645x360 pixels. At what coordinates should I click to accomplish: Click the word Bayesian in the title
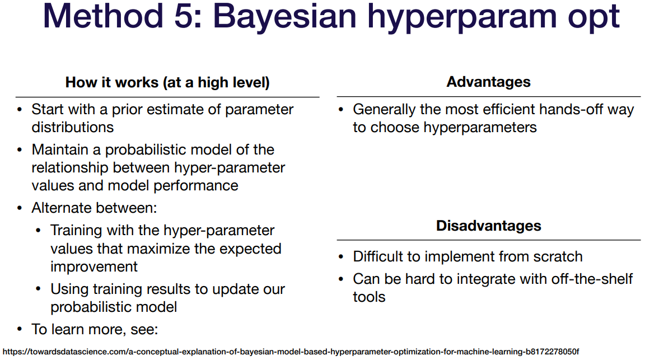[284, 16]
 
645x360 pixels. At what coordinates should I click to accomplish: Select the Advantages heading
[489, 82]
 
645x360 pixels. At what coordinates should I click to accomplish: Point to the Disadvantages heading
[489, 226]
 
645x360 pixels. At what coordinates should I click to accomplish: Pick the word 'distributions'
[73, 127]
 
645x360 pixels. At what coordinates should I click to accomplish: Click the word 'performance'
[196, 186]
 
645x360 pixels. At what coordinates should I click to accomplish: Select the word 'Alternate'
[63, 208]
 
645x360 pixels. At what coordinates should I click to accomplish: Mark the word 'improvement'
[94, 267]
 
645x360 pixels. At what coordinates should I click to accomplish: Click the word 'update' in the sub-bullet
[235, 289]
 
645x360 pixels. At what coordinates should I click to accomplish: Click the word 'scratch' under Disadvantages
[558, 257]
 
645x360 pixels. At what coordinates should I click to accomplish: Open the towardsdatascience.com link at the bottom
[291, 352]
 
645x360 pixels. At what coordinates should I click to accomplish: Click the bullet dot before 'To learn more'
[20, 330]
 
